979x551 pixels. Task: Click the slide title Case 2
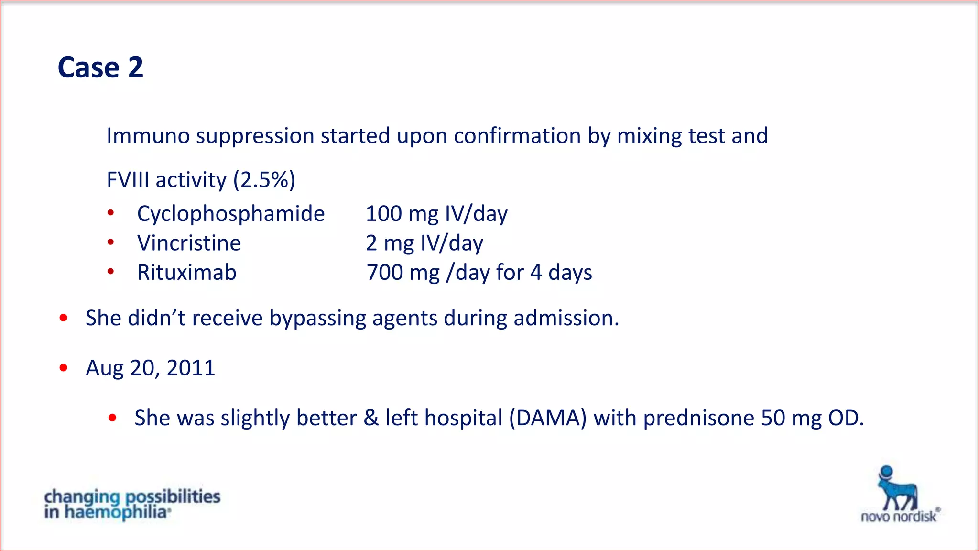click(100, 67)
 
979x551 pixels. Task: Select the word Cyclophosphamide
click(231, 213)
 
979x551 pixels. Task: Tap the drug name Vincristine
click(189, 243)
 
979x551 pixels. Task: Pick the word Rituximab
click(187, 273)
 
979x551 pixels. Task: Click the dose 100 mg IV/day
click(436, 213)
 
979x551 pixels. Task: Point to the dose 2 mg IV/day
click(424, 243)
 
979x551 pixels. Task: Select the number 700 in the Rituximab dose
click(385, 273)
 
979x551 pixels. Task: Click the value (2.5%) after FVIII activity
click(264, 180)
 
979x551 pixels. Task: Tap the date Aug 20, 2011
click(151, 368)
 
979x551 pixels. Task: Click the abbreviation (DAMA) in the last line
click(547, 418)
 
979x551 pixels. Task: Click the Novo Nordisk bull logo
click(897, 489)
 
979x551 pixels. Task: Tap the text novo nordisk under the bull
click(899, 517)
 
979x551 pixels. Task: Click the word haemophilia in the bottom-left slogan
click(116, 512)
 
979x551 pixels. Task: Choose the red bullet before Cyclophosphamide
click(111, 213)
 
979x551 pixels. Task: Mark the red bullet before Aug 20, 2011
click(64, 367)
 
